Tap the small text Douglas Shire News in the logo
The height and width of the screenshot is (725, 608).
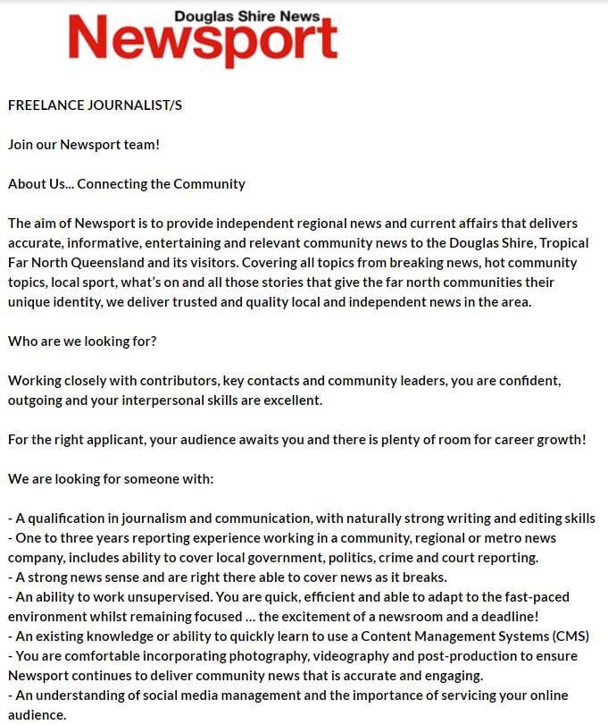[x=246, y=15]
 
